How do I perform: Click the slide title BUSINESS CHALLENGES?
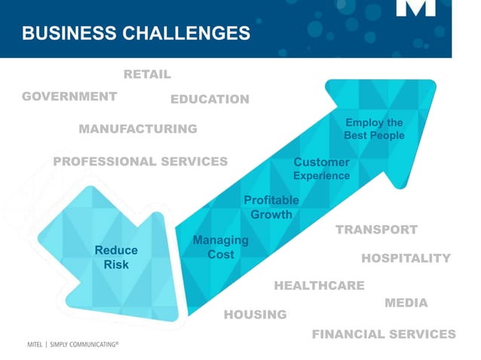pyautogui.click(x=136, y=33)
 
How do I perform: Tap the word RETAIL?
pyautogui.click(x=147, y=75)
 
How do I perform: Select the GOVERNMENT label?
pyautogui.click(x=69, y=96)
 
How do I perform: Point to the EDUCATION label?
pyautogui.click(x=210, y=99)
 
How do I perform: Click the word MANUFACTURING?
pyautogui.click(x=138, y=129)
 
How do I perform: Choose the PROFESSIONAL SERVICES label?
pyautogui.click(x=140, y=162)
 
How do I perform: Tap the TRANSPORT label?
pyautogui.click(x=376, y=230)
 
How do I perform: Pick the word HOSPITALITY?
pyautogui.click(x=406, y=258)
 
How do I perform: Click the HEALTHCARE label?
pyautogui.click(x=319, y=285)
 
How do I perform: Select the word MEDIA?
pyautogui.click(x=406, y=303)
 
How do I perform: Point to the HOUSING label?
pyautogui.click(x=255, y=314)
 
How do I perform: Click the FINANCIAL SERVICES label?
pyautogui.click(x=384, y=334)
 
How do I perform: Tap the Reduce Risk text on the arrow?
pyautogui.click(x=116, y=258)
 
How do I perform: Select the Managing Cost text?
pyautogui.click(x=220, y=247)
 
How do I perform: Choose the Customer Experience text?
pyautogui.click(x=321, y=169)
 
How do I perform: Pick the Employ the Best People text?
pyautogui.click(x=374, y=129)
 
